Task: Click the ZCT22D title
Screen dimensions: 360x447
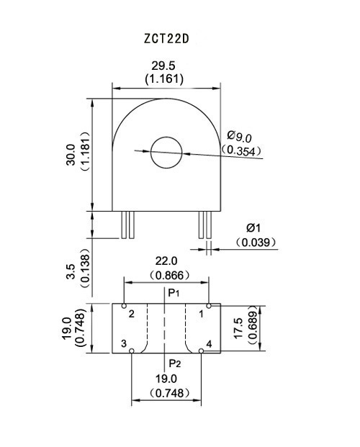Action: [166, 39]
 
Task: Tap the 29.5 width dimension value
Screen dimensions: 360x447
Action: [163, 66]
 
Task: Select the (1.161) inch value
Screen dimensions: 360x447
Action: [164, 78]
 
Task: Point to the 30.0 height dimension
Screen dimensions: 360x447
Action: [71, 155]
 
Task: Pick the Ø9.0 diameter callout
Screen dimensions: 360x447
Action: [239, 136]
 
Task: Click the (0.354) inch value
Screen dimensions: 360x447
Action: [242, 150]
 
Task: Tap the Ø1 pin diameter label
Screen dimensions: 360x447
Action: [253, 227]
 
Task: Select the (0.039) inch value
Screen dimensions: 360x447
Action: [256, 243]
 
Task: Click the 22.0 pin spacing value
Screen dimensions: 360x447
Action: [166, 261]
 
